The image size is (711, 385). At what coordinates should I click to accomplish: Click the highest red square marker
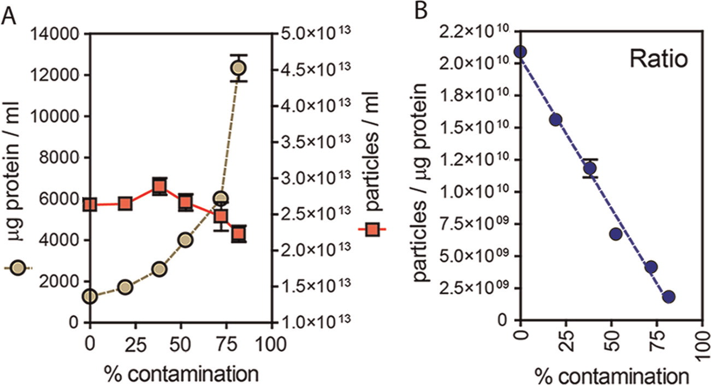point(159,187)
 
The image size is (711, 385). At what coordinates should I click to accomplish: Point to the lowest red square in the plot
point(239,234)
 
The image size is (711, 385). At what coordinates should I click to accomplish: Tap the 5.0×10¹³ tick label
point(314,34)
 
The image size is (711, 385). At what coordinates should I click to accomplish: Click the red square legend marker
point(372,231)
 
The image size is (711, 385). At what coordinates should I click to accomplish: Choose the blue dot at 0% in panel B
point(520,52)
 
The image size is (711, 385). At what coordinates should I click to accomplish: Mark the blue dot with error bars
point(590,168)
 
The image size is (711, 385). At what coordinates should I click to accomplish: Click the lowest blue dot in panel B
point(669,297)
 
